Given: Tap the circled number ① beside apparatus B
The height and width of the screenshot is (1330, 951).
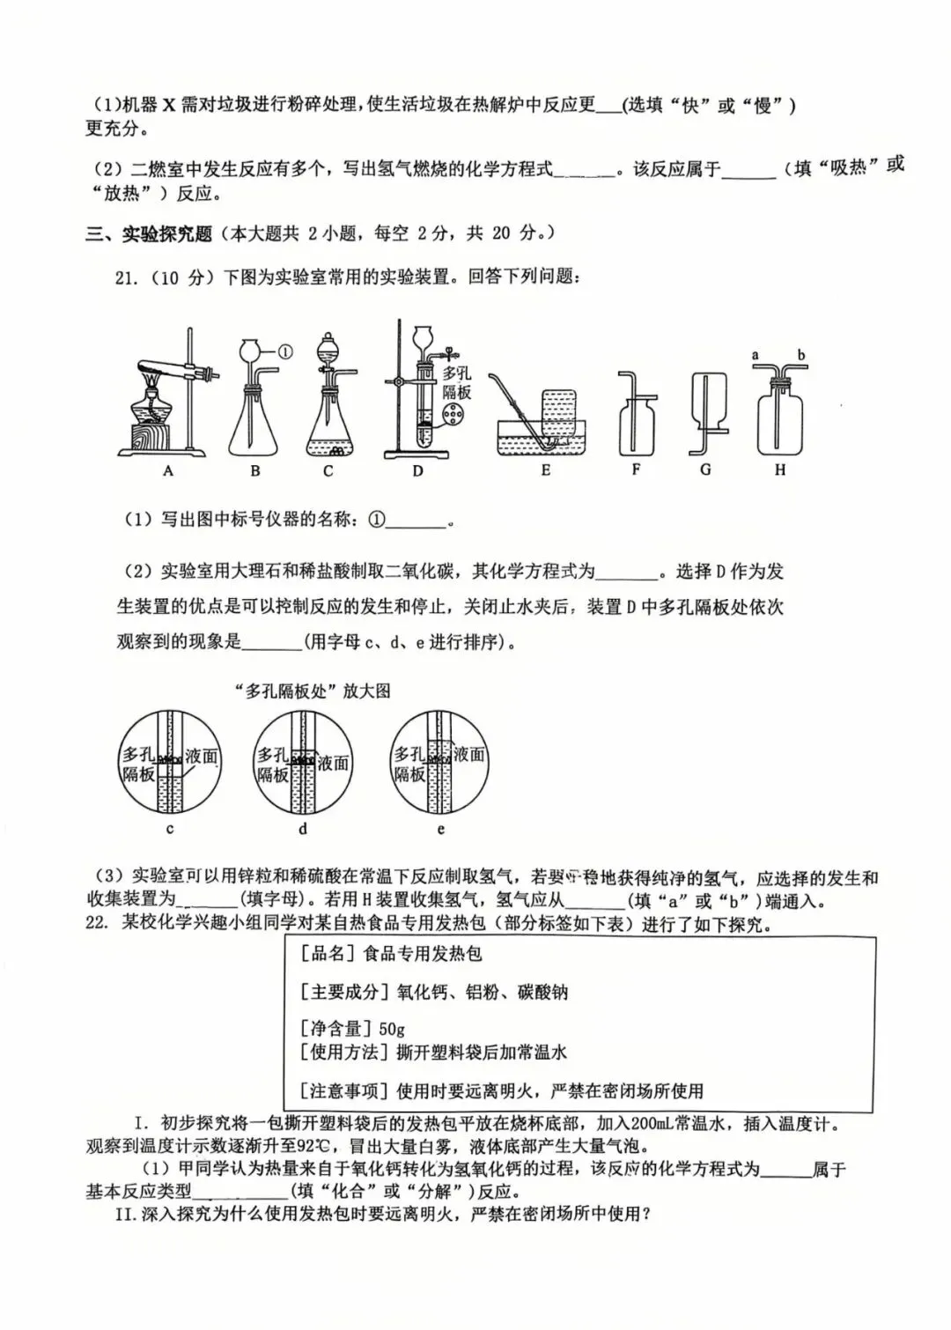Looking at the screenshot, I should pyautogui.click(x=284, y=351).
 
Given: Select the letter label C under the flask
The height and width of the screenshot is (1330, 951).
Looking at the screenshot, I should pyautogui.click(x=328, y=471).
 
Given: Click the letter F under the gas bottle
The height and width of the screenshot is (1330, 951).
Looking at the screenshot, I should pyautogui.click(x=636, y=469).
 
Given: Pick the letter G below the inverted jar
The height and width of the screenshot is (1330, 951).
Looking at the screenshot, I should pyautogui.click(x=705, y=469).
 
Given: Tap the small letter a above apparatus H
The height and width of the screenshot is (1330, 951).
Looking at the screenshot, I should pyautogui.click(x=756, y=355).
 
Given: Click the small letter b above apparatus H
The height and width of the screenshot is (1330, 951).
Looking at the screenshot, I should pyautogui.click(x=801, y=355).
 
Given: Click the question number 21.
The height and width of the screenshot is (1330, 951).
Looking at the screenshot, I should pyautogui.click(x=127, y=277).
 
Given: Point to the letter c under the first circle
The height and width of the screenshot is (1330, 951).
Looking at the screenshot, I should pyautogui.click(x=170, y=829).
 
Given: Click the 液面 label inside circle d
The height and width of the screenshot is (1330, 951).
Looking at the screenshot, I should pyautogui.click(x=334, y=763).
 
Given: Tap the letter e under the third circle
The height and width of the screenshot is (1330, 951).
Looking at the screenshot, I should pyautogui.click(x=441, y=829).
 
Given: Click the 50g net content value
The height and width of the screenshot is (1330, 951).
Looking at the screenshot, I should pyautogui.click(x=391, y=1028).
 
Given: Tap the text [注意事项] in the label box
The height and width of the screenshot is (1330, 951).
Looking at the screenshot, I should pyautogui.click(x=344, y=1091).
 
